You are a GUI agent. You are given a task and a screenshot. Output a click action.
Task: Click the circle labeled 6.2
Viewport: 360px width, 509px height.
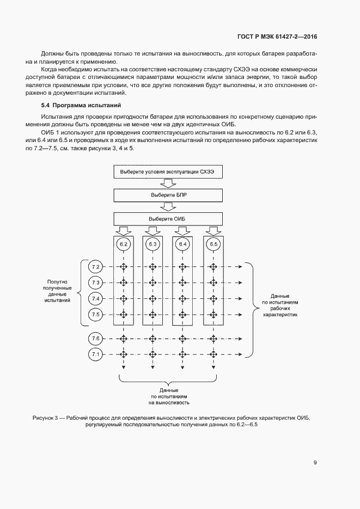click(124, 244)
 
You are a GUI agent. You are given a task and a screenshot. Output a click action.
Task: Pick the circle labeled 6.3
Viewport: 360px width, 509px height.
click(152, 244)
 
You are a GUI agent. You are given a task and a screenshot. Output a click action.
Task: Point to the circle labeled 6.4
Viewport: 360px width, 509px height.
click(182, 244)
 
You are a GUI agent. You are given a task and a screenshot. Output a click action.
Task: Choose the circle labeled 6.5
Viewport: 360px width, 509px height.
click(213, 244)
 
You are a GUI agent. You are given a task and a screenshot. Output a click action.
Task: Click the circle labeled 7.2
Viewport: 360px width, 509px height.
click(95, 267)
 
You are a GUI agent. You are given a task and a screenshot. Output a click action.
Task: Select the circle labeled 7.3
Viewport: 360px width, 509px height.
click(95, 283)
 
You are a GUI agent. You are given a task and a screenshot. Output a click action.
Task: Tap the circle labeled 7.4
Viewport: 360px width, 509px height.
click(95, 299)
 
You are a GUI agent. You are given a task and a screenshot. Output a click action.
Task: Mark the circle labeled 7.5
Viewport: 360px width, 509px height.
click(95, 315)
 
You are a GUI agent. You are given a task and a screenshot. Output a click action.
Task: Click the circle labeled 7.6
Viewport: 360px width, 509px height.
click(95, 339)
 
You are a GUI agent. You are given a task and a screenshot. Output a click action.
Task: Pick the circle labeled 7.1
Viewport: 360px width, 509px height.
click(95, 354)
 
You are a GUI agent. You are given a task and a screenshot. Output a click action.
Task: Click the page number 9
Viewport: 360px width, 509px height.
click(315, 463)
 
